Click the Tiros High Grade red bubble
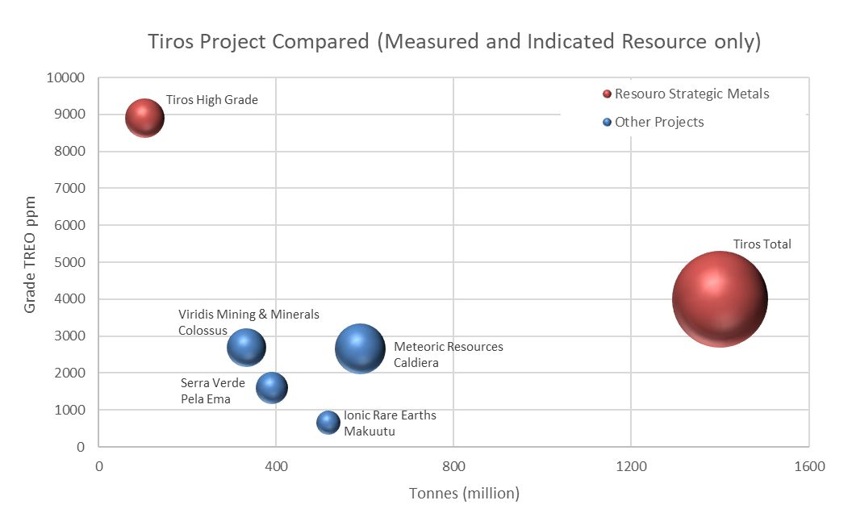[x=144, y=119]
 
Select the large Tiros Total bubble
[x=719, y=299]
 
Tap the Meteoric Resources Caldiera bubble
[x=360, y=348]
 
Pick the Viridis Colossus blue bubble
[x=247, y=347]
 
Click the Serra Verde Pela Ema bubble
[x=272, y=388]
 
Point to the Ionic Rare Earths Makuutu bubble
[x=328, y=422]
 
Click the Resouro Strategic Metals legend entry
[x=686, y=94]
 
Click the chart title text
[x=454, y=42]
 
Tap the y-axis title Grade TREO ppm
[x=30, y=254]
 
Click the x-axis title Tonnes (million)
[x=464, y=493]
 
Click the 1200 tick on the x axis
[x=631, y=466]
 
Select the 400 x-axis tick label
[x=276, y=466]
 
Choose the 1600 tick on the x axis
[x=808, y=466]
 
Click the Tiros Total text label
[x=762, y=244]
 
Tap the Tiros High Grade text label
[x=211, y=100]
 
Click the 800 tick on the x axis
[x=453, y=466]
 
